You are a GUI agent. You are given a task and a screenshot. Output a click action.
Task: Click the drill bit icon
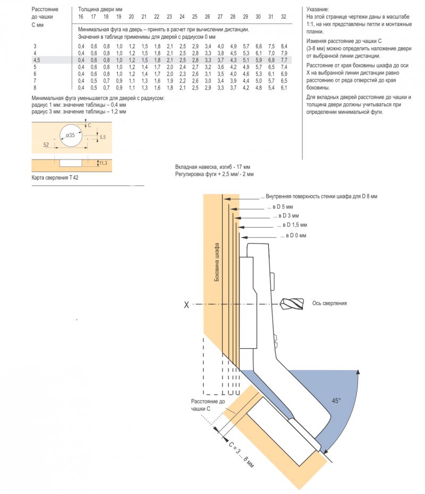click(292, 304)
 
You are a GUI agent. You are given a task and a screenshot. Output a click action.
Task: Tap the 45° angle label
click(336, 400)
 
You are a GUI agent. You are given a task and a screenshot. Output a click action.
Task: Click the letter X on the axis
click(186, 305)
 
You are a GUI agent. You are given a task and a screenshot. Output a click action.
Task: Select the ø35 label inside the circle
click(70, 135)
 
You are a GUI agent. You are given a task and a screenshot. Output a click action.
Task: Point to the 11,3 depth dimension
click(103, 163)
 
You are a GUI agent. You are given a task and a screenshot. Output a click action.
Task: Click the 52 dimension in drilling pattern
click(46, 145)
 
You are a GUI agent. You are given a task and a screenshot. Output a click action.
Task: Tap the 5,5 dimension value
click(103, 137)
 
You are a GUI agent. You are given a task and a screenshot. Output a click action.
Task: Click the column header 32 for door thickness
click(283, 16)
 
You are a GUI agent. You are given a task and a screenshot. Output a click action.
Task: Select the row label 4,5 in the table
click(37, 60)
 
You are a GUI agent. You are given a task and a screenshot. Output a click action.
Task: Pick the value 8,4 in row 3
click(284, 46)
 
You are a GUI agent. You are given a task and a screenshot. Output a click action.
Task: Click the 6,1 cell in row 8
click(284, 88)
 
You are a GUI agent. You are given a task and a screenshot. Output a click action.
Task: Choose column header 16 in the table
click(81, 16)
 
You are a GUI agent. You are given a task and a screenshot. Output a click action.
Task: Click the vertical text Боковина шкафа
click(217, 262)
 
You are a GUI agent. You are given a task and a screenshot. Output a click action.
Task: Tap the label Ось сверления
click(329, 303)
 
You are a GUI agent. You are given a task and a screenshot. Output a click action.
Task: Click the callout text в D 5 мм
click(280, 207)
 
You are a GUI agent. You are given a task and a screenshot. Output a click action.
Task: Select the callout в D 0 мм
click(293, 236)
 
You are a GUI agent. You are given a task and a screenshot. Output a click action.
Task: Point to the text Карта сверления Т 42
click(55, 178)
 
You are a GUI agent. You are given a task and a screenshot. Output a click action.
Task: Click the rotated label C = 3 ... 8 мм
click(241, 455)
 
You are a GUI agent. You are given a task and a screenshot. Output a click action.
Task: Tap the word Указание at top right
click(318, 10)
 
